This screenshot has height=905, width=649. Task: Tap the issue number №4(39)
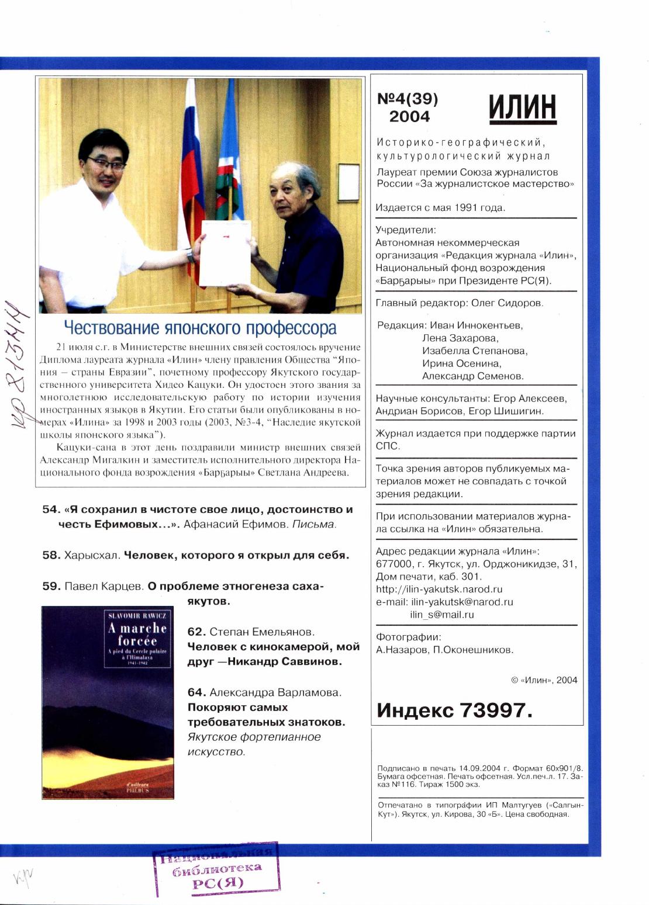pyautogui.click(x=408, y=99)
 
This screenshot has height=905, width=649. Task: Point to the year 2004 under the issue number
pyautogui.click(x=409, y=116)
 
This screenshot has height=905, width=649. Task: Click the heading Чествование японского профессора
pyautogui.click(x=200, y=328)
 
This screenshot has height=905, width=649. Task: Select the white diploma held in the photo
pyautogui.click(x=226, y=253)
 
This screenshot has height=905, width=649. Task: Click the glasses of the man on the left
pyautogui.click(x=106, y=165)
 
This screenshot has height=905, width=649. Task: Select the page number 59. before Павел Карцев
pyautogui.click(x=51, y=586)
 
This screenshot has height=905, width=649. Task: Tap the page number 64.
pyautogui.click(x=196, y=692)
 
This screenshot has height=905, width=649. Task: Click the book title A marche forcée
pyautogui.click(x=137, y=634)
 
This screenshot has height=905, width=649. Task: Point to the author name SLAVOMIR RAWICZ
pyautogui.click(x=137, y=615)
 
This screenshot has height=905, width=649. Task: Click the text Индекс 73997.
pyautogui.click(x=454, y=710)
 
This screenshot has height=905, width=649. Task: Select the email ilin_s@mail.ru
pyautogui.click(x=441, y=615)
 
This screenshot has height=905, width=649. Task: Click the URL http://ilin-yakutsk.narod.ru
pyautogui.click(x=439, y=589)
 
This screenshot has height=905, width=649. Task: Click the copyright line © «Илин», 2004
pyautogui.click(x=544, y=680)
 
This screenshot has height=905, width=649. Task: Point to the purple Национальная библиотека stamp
pyautogui.click(x=216, y=869)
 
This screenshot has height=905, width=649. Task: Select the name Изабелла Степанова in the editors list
pyautogui.click(x=474, y=351)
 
